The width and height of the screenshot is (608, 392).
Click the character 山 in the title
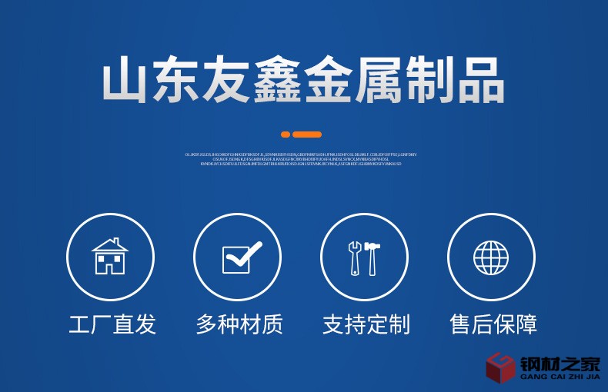(x=127, y=79)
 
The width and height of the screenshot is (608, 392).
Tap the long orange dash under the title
(x=307, y=135)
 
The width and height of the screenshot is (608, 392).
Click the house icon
(x=109, y=256)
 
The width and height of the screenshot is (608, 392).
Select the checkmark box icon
(x=239, y=257)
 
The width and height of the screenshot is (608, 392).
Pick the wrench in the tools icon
(x=355, y=257)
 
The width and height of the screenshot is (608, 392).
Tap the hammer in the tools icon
(x=372, y=257)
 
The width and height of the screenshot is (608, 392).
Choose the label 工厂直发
(x=112, y=324)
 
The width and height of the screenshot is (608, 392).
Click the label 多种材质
(x=239, y=324)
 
